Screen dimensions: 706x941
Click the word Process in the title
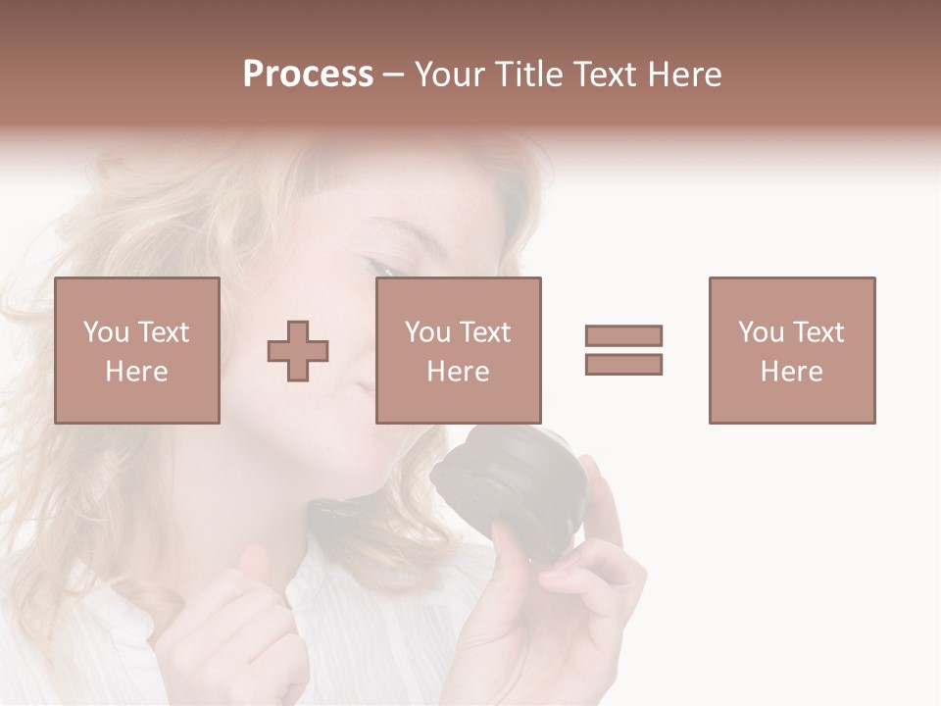point(308,75)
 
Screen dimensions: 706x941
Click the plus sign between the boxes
point(298,350)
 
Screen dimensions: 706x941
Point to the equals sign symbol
point(623,350)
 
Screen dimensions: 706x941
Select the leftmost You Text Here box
point(137,350)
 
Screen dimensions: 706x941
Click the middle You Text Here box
point(459,350)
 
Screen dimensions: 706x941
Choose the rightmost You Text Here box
point(792,350)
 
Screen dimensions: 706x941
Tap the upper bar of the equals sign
point(623,335)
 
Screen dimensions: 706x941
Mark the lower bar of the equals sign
point(623,365)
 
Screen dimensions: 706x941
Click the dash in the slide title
point(394,75)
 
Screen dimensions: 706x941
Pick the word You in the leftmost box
point(106,332)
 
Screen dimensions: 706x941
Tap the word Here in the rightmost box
point(792,372)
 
